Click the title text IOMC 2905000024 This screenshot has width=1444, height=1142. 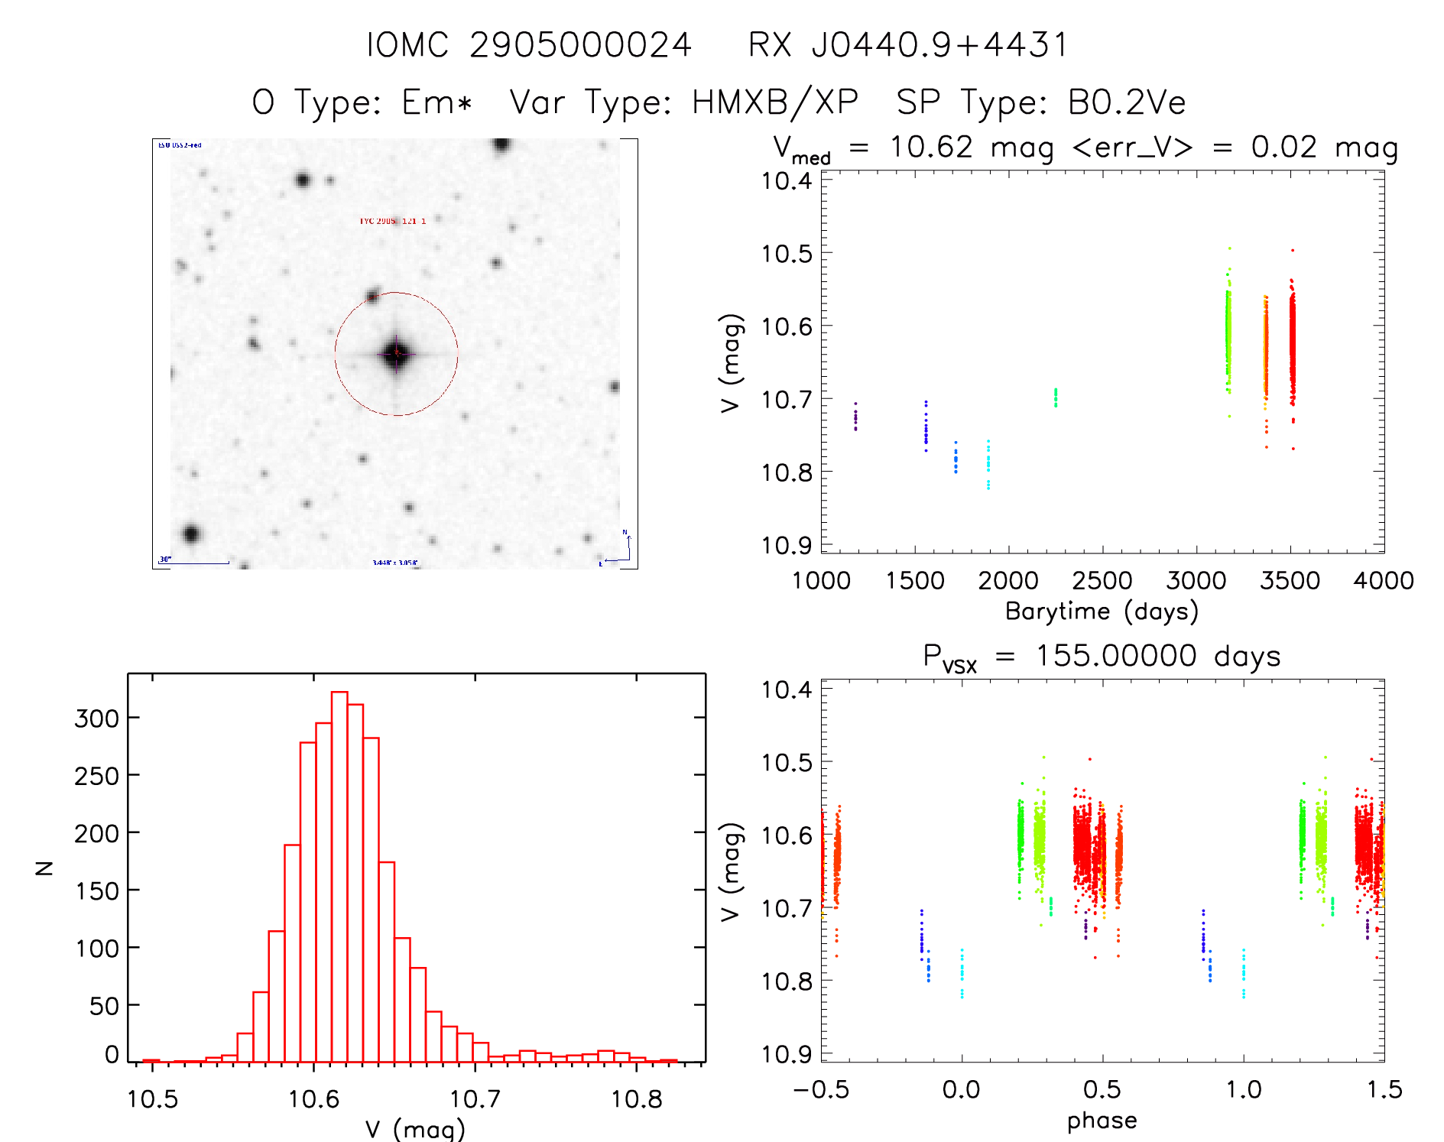[529, 45]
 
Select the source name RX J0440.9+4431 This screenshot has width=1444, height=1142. [908, 45]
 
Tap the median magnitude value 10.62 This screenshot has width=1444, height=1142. [931, 147]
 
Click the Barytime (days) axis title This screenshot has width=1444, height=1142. [1102, 612]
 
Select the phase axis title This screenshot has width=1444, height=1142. [1102, 1121]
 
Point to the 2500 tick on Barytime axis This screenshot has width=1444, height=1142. [1102, 581]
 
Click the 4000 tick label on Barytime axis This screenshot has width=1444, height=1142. [1383, 581]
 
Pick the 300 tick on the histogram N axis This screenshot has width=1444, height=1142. [96, 719]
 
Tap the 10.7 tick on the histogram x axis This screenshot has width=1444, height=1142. [475, 1099]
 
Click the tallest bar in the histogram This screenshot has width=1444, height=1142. [339, 875]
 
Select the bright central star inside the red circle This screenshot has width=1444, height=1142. [396, 353]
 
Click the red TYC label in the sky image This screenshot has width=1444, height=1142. [392, 222]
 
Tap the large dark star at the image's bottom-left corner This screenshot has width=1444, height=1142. [191, 534]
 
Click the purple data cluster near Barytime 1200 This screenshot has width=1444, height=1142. [855, 417]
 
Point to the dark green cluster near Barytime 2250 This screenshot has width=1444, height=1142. [1056, 397]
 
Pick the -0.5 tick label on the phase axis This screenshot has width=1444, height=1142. [821, 1090]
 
